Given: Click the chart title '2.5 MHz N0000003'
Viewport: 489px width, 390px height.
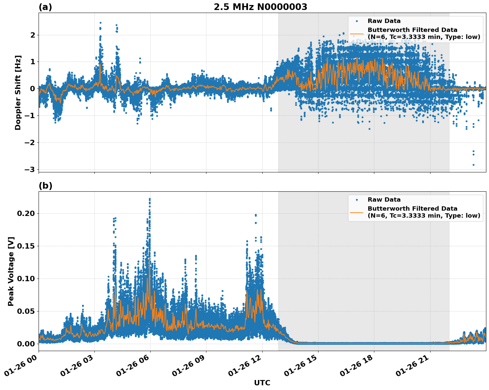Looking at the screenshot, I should click(x=260, y=7).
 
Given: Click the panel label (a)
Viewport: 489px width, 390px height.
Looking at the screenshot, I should click(x=45, y=7).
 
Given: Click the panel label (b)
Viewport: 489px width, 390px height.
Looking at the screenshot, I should click(x=45, y=186).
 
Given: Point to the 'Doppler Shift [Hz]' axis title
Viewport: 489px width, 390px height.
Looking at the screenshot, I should click(x=18, y=93).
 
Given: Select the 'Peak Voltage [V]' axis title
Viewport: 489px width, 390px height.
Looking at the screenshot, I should click(x=11, y=271).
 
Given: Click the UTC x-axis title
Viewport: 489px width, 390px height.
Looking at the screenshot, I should click(x=262, y=383).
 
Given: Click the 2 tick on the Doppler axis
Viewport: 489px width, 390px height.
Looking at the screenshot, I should click(x=33, y=35).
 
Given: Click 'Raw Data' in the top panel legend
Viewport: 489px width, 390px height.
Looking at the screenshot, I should click(x=384, y=21).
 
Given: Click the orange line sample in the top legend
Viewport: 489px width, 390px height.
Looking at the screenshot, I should click(x=357, y=34).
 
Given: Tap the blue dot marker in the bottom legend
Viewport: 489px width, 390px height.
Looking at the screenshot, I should click(x=357, y=200).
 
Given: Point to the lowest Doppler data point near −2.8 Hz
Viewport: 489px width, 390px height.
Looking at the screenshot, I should click(x=473, y=165).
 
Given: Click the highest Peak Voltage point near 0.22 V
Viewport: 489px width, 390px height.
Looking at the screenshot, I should click(x=150, y=199).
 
